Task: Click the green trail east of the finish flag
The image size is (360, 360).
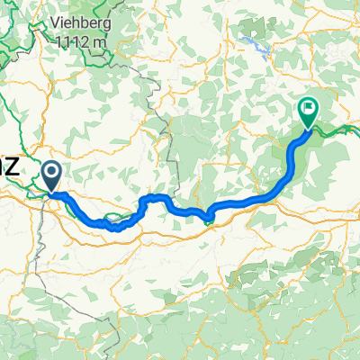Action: click(337, 130)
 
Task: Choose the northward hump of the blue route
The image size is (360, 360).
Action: click(156, 197)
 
